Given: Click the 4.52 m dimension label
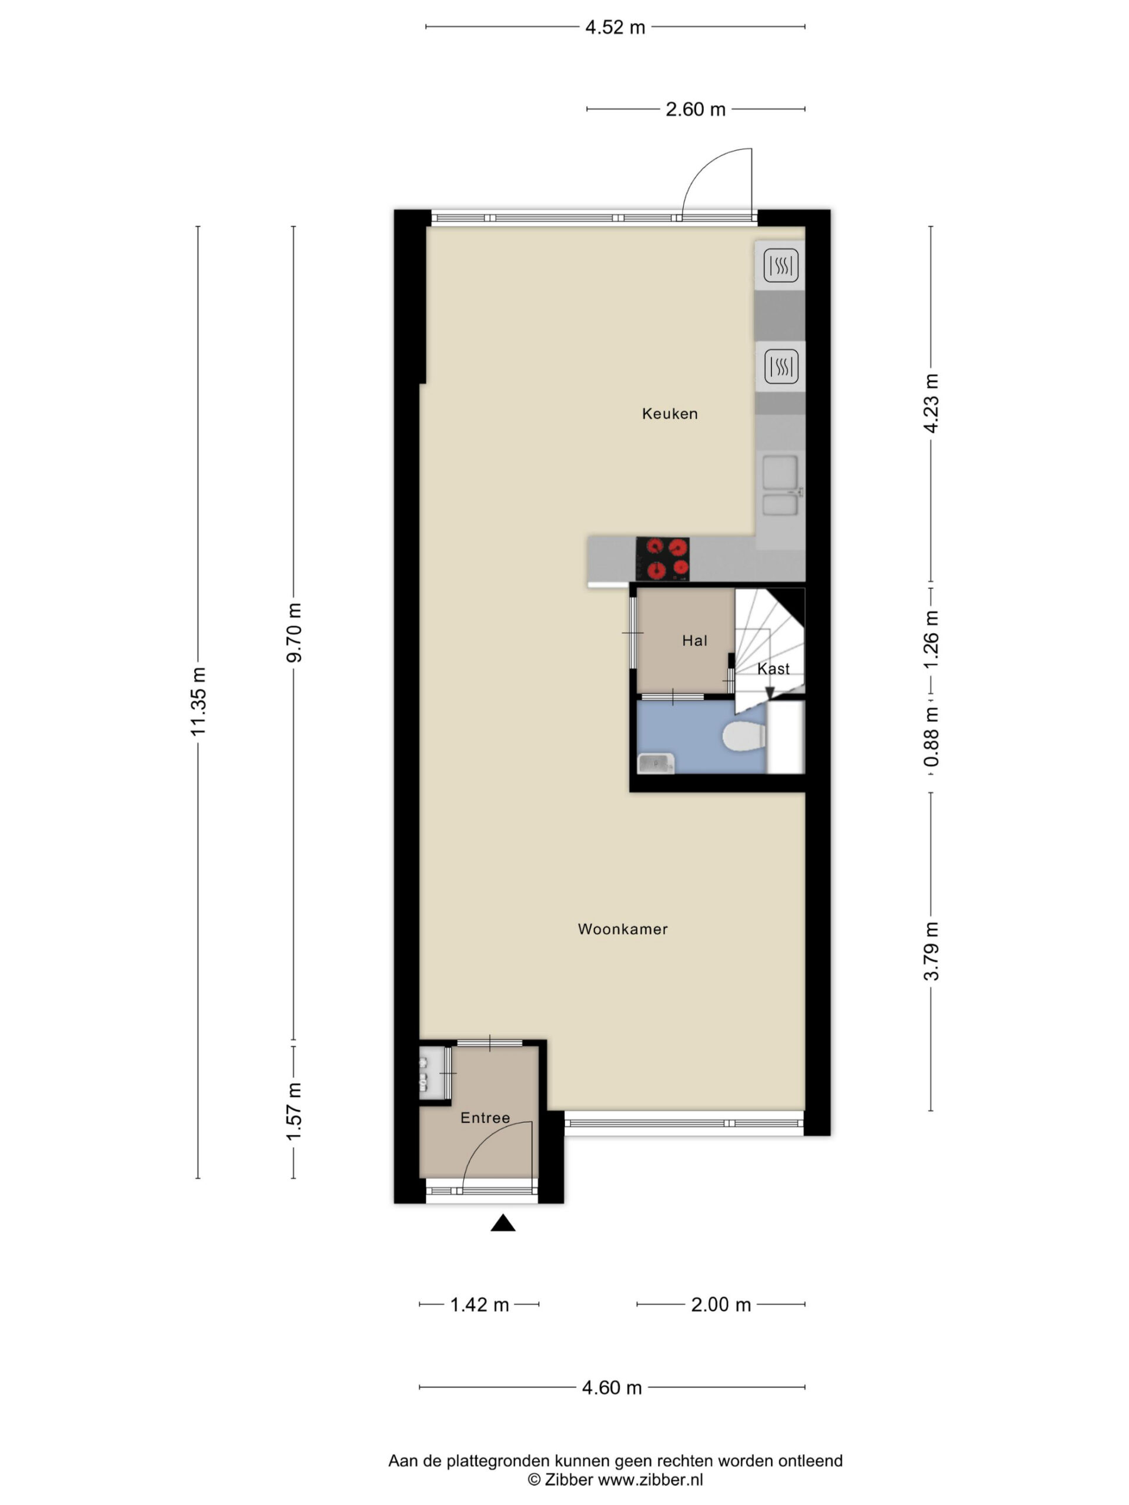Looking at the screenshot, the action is pyautogui.click(x=614, y=27).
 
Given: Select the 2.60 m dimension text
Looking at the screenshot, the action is pyautogui.click(x=695, y=109).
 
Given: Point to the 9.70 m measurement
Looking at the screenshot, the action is pyautogui.click(x=293, y=632).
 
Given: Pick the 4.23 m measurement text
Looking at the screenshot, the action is pyautogui.click(x=930, y=403).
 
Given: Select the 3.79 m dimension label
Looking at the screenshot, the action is pyautogui.click(x=930, y=951).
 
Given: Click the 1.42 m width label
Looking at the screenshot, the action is pyautogui.click(x=479, y=1305).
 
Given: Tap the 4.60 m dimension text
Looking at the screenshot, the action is pyautogui.click(x=612, y=1387).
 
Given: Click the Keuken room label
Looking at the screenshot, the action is pyautogui.click(x=670, y=414).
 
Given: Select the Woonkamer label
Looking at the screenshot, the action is pyautogui.click(x=623, y=929).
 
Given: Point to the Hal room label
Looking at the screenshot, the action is pyautogui.click(x=694, y=640).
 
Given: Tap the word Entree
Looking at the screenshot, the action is pyautogui.click(x=485, y=1118).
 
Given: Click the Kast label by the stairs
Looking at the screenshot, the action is pyautogui.click(x=773, y=669).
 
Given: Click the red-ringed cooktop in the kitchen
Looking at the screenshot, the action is pyautogui.click(x=662, y=558).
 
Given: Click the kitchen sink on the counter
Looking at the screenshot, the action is pyautogui.click(x=780, y=486).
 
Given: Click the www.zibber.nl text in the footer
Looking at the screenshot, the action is pyautogui.click(x=650, y=1479).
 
